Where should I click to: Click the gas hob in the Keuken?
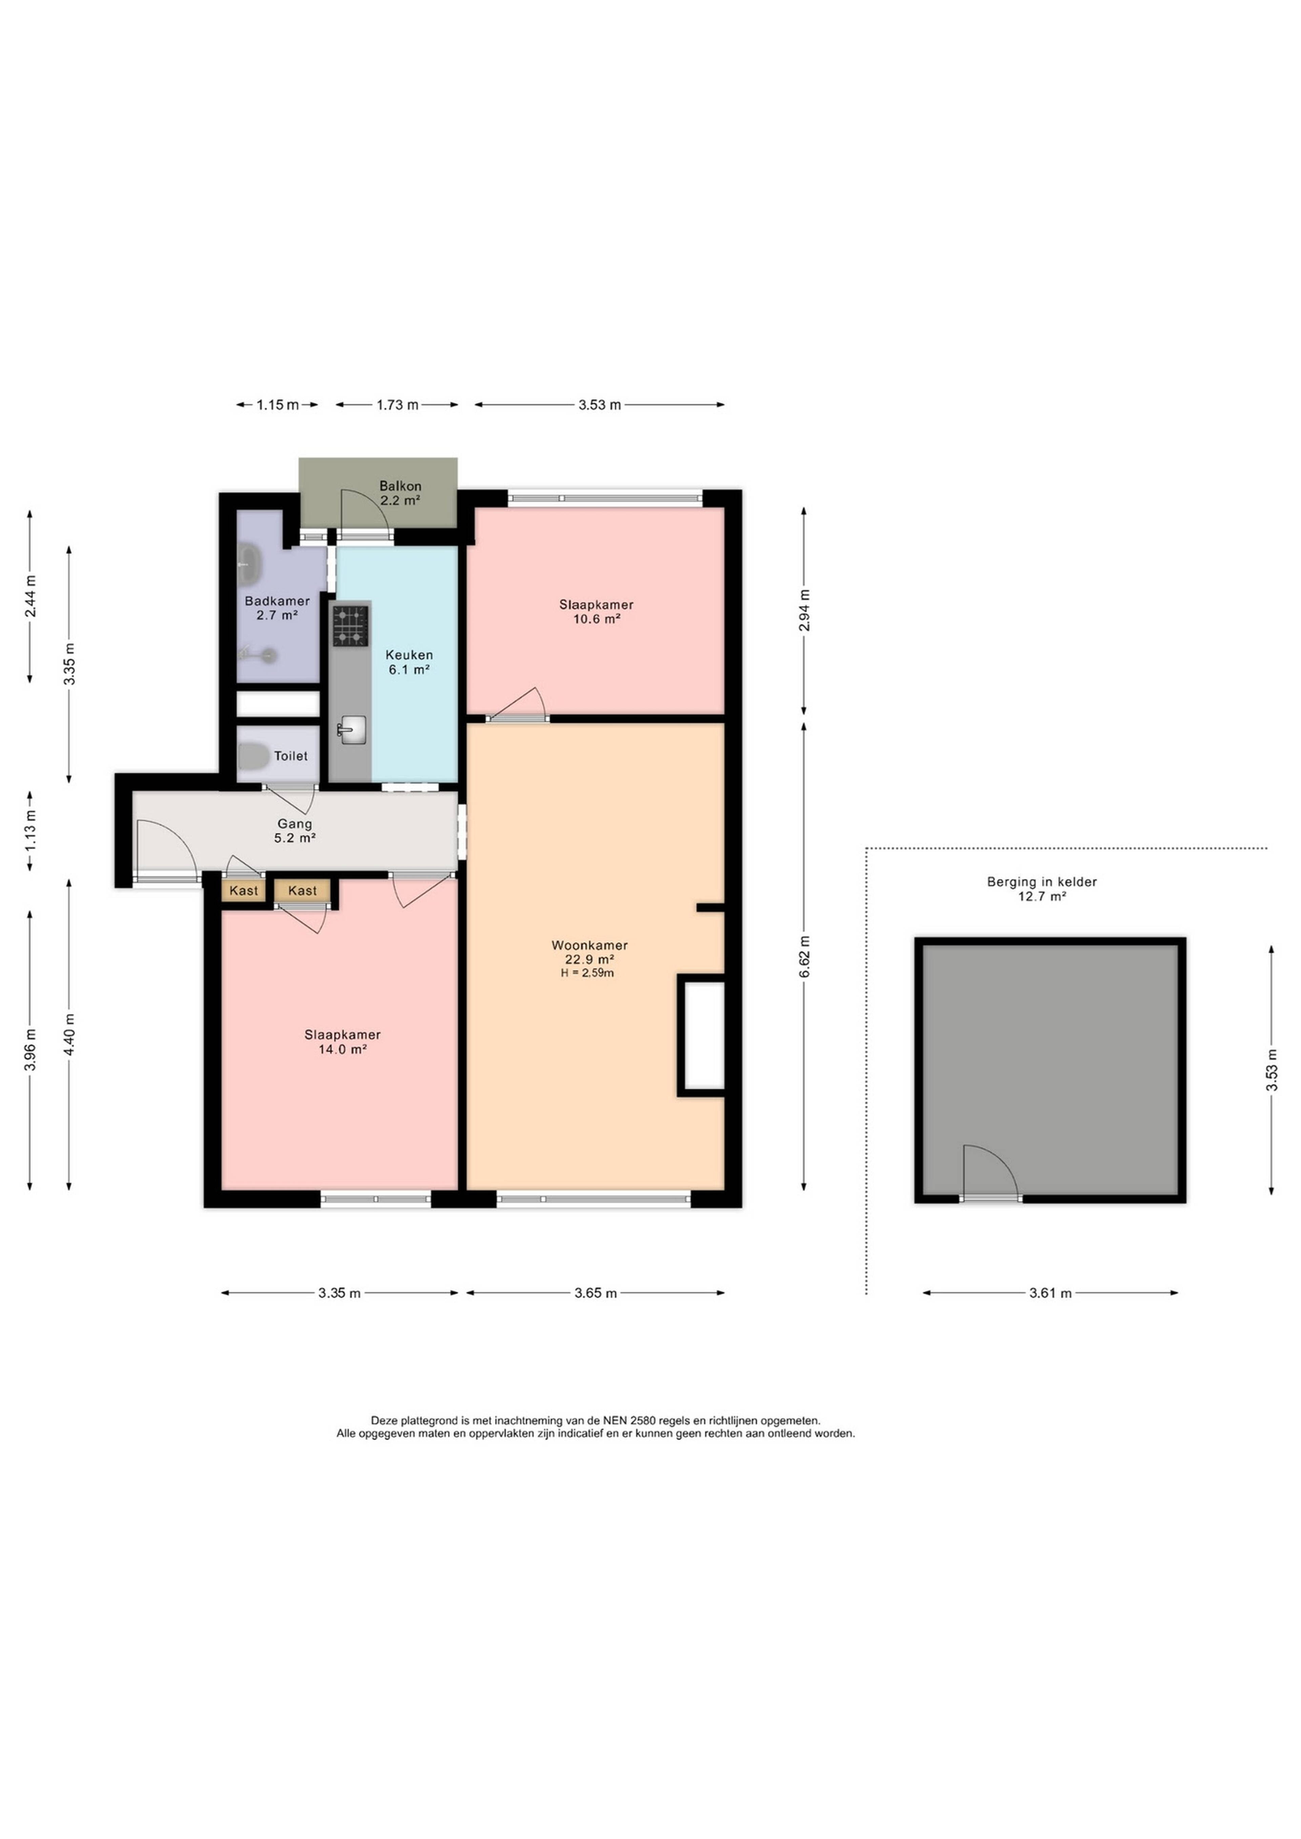pos(351,626)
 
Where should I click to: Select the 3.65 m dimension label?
pos(595,1293)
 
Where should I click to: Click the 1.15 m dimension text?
pos(277,405)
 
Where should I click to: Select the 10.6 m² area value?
pos(597,619)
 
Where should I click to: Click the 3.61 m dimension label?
pos(1050,1293)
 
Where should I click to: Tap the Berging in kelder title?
pos(1041,882)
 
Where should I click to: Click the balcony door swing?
pos(365,513)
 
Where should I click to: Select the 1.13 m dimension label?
pos(30,831)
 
